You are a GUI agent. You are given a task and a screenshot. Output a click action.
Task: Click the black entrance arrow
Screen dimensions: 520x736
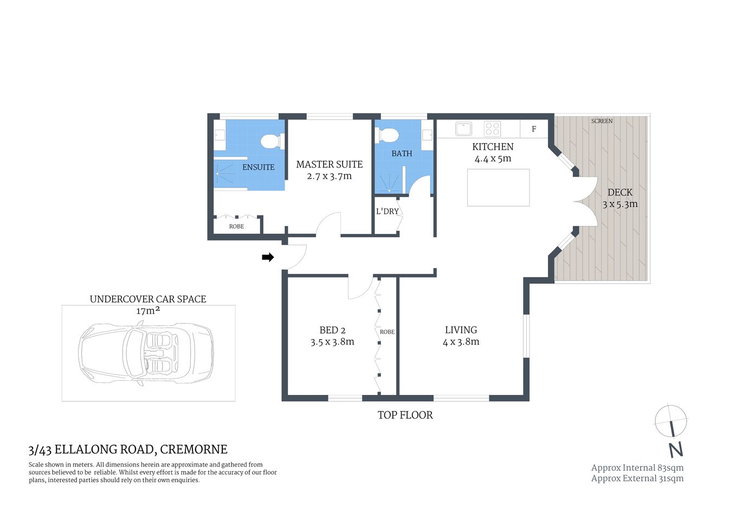268,257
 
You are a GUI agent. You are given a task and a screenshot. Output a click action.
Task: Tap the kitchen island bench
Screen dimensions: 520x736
498,187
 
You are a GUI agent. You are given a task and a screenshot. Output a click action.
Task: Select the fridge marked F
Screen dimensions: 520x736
534,129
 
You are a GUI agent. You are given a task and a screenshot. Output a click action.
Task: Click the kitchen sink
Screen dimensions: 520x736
463,128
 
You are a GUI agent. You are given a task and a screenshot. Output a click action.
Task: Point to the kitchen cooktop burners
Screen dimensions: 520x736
492,128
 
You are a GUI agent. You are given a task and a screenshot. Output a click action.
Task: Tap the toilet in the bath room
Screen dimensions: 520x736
388,134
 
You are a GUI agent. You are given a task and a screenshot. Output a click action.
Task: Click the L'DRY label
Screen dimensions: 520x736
387,211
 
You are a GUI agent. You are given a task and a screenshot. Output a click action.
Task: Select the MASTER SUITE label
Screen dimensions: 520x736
329,164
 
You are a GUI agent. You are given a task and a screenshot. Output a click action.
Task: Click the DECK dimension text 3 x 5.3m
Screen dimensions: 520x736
620,204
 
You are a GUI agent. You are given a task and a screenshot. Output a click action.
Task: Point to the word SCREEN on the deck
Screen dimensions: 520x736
602,121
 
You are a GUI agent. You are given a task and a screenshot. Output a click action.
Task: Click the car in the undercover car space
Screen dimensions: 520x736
146,353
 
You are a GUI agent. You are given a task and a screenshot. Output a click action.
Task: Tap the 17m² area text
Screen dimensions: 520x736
147,310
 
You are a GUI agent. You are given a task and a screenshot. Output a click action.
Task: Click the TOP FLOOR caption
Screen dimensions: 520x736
405,415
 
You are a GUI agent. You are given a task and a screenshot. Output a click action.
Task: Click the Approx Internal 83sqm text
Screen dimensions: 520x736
637,467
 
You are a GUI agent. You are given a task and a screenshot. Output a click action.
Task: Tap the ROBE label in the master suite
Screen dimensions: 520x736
236,226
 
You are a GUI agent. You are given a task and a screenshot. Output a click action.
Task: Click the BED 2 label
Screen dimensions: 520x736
332,330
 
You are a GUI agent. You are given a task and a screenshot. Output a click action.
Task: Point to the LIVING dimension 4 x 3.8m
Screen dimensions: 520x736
461,342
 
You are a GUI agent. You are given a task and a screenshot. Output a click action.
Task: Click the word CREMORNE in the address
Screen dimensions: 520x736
193,449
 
